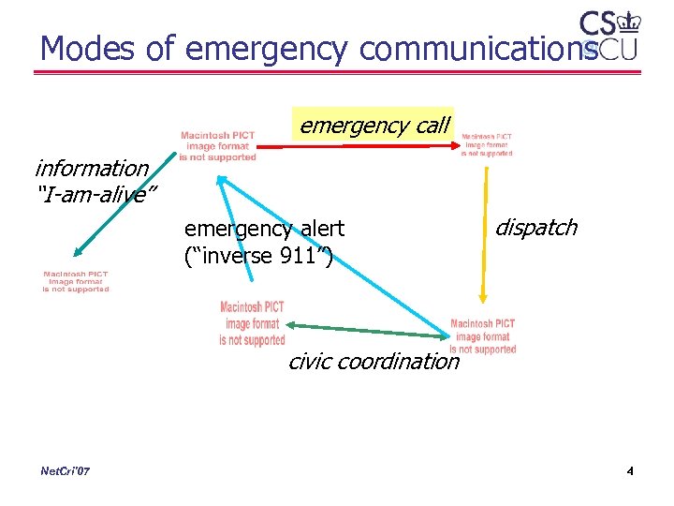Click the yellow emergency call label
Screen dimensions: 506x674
point(374,125)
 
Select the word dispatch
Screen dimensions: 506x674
point(535,228)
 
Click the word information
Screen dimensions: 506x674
point(91,169)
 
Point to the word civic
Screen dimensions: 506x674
point(311,362)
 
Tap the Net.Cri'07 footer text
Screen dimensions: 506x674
point(66,470)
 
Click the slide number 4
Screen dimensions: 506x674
point(630,470)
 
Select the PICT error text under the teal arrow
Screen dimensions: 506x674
point(75,282)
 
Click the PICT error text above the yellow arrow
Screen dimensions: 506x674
point(487,144)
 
